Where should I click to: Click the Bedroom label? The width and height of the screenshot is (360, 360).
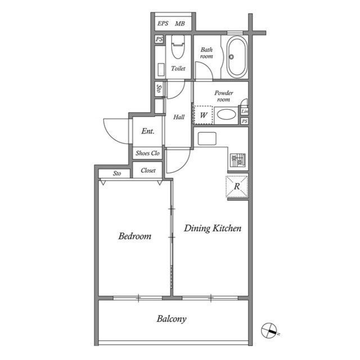tap(134, 236)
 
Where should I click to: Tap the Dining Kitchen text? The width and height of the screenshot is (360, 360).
tap(213, 228)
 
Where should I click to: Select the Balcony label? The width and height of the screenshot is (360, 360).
tap(172, 319)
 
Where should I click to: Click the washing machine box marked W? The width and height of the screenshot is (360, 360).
tap(204, 115)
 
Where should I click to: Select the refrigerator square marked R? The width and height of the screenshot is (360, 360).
tap(237, 187)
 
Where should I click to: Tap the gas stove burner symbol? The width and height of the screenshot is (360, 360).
tap(238, 160)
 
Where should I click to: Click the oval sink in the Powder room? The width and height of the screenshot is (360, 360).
tap(227, 114)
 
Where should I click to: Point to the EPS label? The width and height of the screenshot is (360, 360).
tap(163, 24)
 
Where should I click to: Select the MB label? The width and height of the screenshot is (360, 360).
tap(180, 24)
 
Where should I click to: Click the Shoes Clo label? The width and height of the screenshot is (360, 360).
tap(147, 153)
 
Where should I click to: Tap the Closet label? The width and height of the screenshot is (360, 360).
tap(148, 170)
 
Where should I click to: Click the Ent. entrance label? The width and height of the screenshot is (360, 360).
tap(147, 132)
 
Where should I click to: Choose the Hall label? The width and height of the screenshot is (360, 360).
tap(179, 117)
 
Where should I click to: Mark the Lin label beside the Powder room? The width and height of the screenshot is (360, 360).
tap(245, 111)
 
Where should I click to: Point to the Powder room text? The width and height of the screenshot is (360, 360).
tap(223, 96)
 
